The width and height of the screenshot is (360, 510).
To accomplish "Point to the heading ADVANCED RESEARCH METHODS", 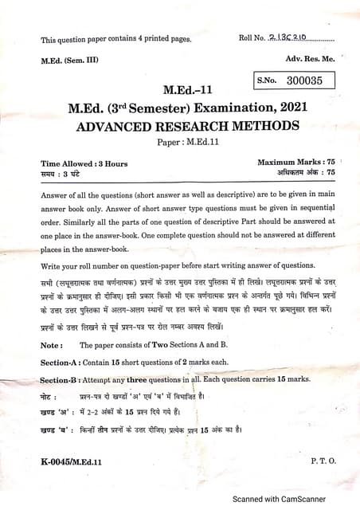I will [x=188, y=126].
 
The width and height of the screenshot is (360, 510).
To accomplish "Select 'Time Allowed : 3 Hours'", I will [x=84, y=163].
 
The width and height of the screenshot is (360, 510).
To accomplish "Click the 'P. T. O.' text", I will [x=323, y=461].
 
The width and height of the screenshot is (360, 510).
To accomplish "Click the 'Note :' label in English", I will [x=52, y=345].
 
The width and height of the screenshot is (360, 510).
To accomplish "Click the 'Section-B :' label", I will [x=65, y=380].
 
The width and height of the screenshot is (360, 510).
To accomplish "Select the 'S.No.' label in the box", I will [x=270, y=80].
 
